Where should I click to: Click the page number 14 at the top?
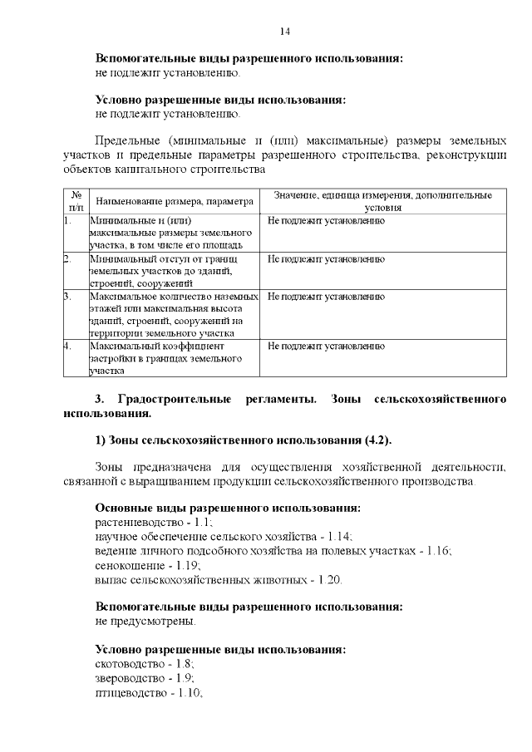[x=284, y=32]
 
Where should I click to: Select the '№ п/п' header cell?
[x=76, y=200]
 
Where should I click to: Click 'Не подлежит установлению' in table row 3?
[x=326, y=296]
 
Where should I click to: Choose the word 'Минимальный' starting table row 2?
[x=121, y=258]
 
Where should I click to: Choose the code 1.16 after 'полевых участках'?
[x=438, y=551]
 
